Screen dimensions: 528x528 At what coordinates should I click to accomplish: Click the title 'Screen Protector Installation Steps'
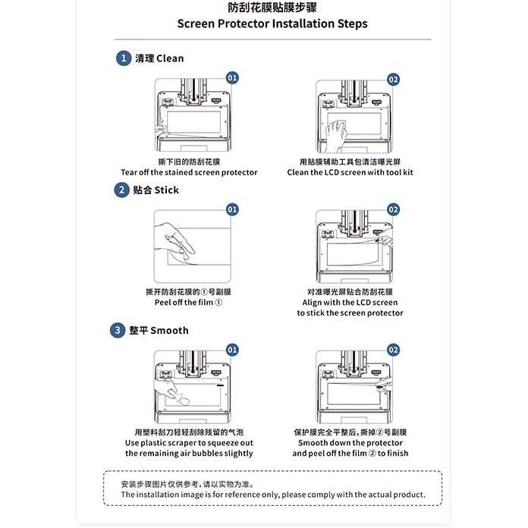pyautogui.click(x=272, y=24)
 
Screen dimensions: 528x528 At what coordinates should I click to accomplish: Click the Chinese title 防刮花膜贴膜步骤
pyautogui.click(x=272, y=8)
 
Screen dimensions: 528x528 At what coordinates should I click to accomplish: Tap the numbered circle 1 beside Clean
pyautogui.click(x=122, y=58)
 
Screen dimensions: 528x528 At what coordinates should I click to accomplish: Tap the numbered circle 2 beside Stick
pyautogui.click(x=122, y=190)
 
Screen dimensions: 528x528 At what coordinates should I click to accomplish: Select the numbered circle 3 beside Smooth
pyautogui.click(x=118, y=330)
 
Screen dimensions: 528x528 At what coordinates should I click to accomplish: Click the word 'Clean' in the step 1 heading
pyautogui.click(x=170, y=58)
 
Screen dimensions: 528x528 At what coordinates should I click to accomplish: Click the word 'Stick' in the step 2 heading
pyautogui.click(x=166, y=190)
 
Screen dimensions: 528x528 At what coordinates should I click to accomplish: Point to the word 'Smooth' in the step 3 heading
pyautogui.click(x=169, y=331)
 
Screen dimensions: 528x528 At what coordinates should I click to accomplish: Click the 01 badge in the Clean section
pyautogui.click(x=232, y=78)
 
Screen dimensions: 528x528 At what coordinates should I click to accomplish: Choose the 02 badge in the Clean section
pyautogui.click(x=393, y=79)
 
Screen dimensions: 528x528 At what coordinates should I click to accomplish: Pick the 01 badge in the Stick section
pyautogui.click(x=232, y=209)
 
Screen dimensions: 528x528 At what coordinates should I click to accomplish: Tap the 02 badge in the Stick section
pyautogui.click(x=393, y=209)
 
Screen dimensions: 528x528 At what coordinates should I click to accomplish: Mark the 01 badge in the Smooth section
pyautogui.click(x=232, y=350)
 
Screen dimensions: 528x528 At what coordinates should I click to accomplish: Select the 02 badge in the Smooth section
pyautogui.click(x=393, y=350)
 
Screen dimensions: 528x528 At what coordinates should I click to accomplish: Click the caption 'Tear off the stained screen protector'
pyautogui.click(x=189, y=172)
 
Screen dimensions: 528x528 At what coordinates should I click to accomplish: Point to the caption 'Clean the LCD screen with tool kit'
pyautogui.click(x=350, y=172)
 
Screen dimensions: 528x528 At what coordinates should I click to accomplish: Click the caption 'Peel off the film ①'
pyautogui.click(x=189, y=302)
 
